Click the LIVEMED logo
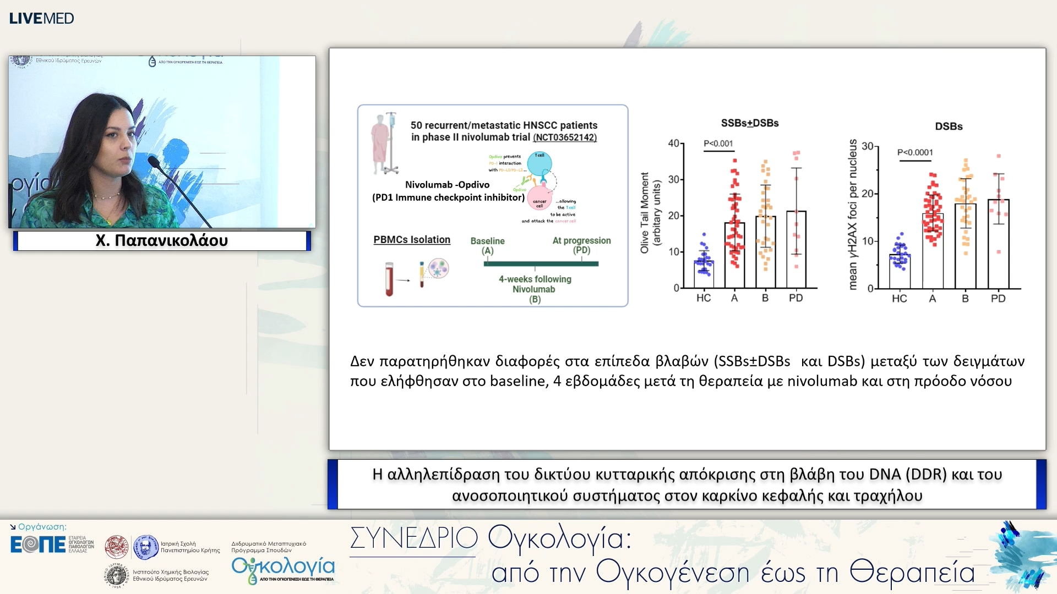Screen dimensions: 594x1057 (x=41, y=18)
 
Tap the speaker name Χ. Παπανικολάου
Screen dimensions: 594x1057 (x=161, y=240)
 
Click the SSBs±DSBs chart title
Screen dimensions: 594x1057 (x=749, y=123)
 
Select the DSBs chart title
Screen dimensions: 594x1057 (x=949, y=126)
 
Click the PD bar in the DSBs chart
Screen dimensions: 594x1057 (x=998, y=245)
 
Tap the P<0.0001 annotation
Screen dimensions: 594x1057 (x=914, y=152)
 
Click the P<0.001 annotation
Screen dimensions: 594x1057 (x=718, y=144)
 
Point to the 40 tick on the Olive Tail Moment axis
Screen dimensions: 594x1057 (x=673, y=143)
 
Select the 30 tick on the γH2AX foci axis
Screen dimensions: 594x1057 (x=867, y=146)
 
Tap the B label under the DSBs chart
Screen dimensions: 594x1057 (x=965, y=298)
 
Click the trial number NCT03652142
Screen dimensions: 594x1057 (x=564, y=137)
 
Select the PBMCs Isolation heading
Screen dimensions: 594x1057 (x=411, y=239)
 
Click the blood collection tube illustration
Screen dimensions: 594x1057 (x=389, y=278)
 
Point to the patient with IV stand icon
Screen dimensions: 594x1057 (x=384, y=144)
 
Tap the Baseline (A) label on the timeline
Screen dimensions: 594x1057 (x=487, y=245)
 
